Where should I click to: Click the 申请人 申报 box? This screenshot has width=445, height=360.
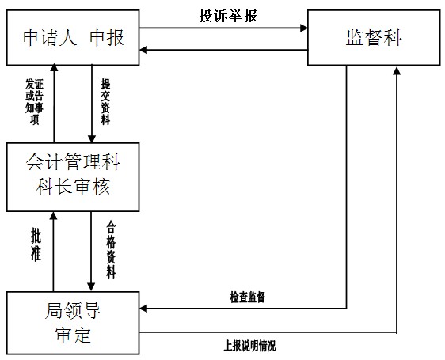(73, 38)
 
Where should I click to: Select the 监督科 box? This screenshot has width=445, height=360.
(374, 38)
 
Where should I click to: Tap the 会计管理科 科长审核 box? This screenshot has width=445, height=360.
(73, 177)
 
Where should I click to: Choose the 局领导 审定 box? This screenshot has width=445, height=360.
(73, 323)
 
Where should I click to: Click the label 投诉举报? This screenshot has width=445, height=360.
(228, 16)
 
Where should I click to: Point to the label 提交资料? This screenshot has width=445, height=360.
(105, 101)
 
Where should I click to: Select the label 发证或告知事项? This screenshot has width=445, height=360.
(34, 101)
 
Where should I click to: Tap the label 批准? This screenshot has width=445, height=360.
(36, 246)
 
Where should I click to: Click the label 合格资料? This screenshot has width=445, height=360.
(111, 250)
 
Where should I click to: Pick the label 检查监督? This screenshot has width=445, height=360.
(248, 297)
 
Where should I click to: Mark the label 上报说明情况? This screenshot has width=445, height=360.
(249, 346)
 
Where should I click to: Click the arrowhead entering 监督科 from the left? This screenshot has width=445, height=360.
(304, 28)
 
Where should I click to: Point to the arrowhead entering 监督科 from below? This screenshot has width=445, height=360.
(397, 71)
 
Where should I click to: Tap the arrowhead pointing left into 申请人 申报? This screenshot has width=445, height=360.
(143, 50)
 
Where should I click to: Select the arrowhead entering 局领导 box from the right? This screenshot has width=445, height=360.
(143, 309)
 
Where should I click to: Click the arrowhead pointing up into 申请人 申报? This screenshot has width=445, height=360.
(54, 67)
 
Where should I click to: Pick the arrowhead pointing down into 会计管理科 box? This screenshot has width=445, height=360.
(91, 139)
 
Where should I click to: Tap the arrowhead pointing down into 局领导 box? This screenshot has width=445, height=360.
(91, 287)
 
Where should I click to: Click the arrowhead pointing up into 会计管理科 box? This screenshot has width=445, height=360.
(53, 215)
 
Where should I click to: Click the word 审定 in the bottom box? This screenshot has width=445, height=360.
(73, 335)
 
